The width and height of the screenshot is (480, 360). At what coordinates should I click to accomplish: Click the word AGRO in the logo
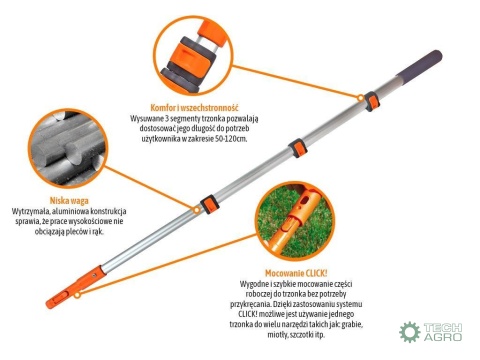pos(443,340)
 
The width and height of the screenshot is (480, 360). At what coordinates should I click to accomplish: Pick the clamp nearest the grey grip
pos(371,99)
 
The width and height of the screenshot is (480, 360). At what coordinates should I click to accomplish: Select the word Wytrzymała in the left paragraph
pos(33,212)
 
